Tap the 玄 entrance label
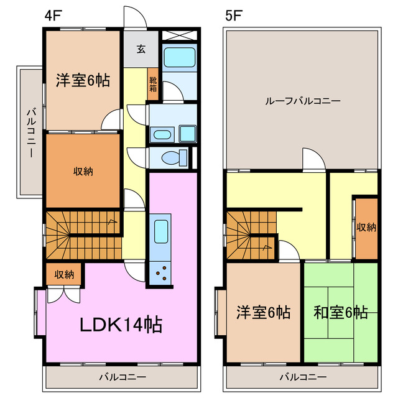(x=141, y=50)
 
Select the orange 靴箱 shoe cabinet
(x=153, y=83)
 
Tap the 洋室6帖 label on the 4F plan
(x=83, y=80)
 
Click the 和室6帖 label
(x=340, y=312)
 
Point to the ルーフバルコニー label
(x=302, y=101)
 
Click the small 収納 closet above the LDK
(x=63, y=274)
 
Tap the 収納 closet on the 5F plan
(x=366, y=228)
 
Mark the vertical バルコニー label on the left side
(x=30, y=132)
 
